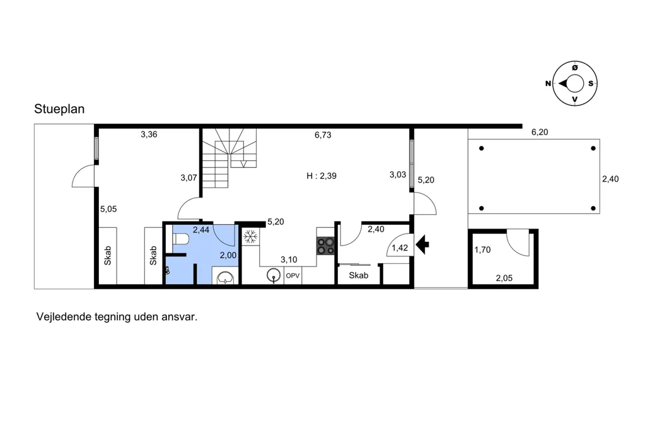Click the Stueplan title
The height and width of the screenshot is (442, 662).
[59, 109]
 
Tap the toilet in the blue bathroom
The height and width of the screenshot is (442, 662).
[180, 239]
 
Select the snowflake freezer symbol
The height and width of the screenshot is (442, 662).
[250, 236]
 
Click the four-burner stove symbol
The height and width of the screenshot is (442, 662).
[325, 246]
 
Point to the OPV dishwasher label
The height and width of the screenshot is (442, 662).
[293, 276]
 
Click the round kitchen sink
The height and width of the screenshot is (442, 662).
[274, 276]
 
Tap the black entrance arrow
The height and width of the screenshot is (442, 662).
[422, 244]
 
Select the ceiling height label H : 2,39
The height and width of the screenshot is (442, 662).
[322, 176]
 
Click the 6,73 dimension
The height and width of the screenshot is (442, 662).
[323, 135]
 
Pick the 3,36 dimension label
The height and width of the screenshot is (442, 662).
[149, 134]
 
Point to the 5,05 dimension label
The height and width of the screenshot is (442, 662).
[108, 209]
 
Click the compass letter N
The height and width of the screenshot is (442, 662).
[548, 83]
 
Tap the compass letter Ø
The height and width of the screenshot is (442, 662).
[574, 68]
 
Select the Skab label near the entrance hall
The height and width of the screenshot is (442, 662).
[359, 275]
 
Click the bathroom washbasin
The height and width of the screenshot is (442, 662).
[225, 277]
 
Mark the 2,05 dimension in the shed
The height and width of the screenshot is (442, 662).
[504, 278]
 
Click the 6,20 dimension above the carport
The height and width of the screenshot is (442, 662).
[540, 133]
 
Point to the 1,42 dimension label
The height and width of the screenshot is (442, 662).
[400, 248]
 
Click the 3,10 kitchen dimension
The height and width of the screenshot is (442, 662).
[289, 260]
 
